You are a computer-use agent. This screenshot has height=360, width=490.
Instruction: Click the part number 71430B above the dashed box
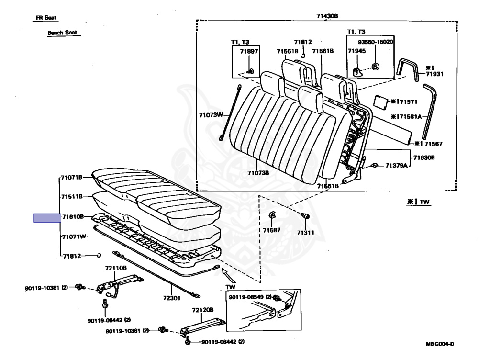click(x=327, y=16)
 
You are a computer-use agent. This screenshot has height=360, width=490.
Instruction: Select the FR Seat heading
click(x=46, y=18)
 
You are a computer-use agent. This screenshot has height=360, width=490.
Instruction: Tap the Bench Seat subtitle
click(x=62, y=33)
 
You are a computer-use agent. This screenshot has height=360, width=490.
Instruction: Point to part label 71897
click(x=249, y=51)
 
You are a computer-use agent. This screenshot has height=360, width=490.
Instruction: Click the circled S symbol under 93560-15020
click(x=375, y=67)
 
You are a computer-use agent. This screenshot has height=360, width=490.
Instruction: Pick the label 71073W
click(x=211, y=115)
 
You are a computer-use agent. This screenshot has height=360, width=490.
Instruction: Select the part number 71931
click(x=434, y=74)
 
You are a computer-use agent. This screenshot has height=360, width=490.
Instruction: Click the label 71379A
click(x=396, y=165)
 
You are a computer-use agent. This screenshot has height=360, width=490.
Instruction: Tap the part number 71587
click(x=272, y=230)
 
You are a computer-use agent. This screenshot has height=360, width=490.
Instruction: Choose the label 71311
click(x=305, y=233)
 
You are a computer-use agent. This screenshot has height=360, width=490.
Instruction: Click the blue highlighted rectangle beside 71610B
click(x=47, y=218)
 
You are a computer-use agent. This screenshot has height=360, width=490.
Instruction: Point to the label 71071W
click(x=74, y=236)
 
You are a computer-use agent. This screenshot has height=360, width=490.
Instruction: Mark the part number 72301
click(x=172, y=298)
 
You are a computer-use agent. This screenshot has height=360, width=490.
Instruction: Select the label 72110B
click(x=116, y=268)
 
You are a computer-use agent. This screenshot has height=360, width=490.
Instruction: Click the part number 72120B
click(x=202, y=310)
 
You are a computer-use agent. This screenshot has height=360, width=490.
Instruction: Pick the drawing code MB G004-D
click(x=440, y=344)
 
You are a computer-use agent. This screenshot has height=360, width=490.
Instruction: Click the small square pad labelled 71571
click(x=381, y=102)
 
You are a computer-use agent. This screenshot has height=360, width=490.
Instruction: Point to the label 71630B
click(x=424, y=157)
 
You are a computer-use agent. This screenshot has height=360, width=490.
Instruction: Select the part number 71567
click(x=434, y=144)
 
